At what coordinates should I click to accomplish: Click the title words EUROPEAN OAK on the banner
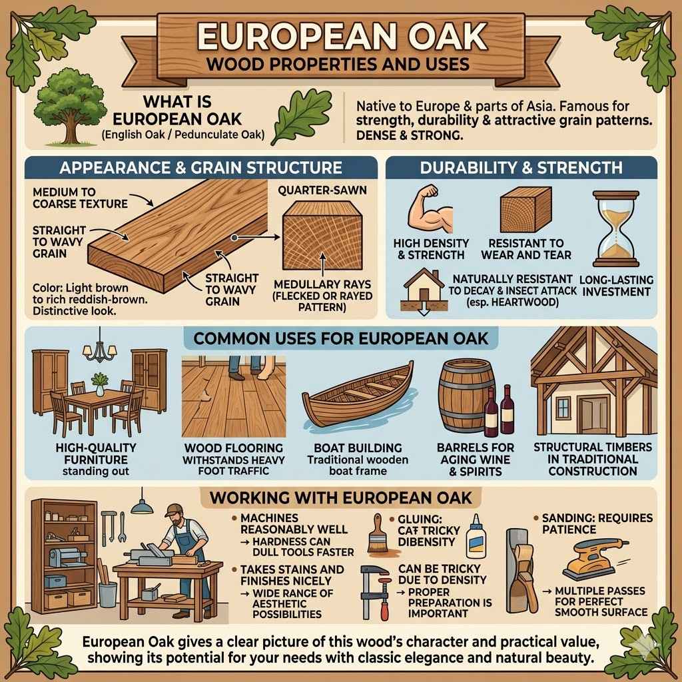point(340,37)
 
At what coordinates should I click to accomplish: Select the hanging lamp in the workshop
point(141,506)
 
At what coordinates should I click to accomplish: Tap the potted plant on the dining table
point(100,382)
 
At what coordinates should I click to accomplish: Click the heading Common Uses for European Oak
point(340,338)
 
